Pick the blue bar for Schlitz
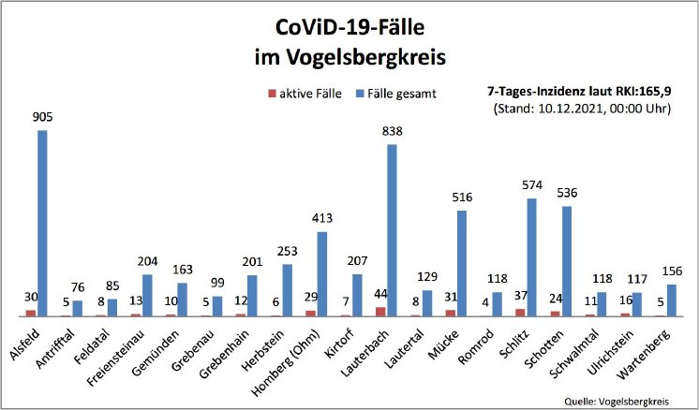pyautogui.click(x=532, y=257)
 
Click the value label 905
pyautogui.click(x=41, y=119)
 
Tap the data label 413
pyautogui.click(x=322, y=219)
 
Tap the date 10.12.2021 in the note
pyautogui.click(x=566, y=109)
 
